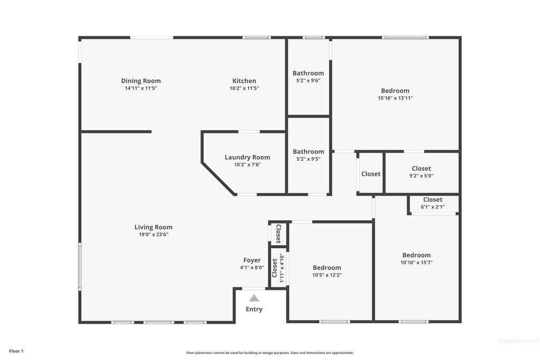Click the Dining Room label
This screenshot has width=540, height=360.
coord(141,81)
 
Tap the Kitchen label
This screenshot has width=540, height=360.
coord(244,81)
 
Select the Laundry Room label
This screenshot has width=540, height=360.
coord(247,157)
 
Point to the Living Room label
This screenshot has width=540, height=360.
coord(153,227)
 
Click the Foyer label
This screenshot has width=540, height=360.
coord(252,260)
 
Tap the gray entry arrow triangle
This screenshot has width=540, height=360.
coord(254,298)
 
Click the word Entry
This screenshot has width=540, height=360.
coord(254,309)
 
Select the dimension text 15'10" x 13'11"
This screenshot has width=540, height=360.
coord(396,98)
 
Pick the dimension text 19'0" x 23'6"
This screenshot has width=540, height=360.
coord(153,235)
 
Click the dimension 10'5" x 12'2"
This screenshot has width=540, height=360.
coord(327,275)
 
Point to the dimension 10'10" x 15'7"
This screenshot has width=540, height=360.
coord(417,262)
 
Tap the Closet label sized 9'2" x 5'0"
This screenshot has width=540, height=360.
coord(421,169)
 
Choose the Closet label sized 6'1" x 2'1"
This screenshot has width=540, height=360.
coord(433,199)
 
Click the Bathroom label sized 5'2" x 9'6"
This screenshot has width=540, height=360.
coord(308,73)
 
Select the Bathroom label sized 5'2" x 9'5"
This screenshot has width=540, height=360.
coord(308,152)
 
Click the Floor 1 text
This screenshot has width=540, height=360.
coord(16,351)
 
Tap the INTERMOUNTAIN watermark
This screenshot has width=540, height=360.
coord(518,341)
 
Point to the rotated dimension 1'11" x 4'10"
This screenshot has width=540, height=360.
coord(282,268)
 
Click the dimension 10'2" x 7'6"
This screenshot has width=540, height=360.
coord(247,164)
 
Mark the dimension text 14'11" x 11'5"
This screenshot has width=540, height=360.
coord(141,88)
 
